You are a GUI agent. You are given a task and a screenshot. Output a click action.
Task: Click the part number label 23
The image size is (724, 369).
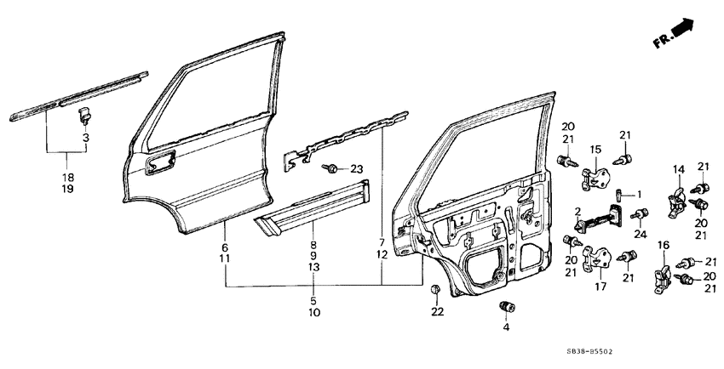click(356, 169)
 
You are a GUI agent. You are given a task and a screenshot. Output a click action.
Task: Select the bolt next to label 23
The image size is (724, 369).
click(330, 169)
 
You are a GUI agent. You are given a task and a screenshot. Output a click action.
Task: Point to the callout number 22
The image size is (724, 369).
click(437, 312)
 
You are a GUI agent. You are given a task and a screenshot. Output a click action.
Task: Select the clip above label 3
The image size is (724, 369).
click(84, 113)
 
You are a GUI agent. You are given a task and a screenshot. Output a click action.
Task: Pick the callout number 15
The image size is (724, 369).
click(596, 149)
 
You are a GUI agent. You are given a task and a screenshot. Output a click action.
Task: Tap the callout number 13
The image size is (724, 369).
click(313, 267)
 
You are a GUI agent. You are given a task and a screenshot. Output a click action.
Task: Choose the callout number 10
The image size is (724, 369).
click(313, 313)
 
